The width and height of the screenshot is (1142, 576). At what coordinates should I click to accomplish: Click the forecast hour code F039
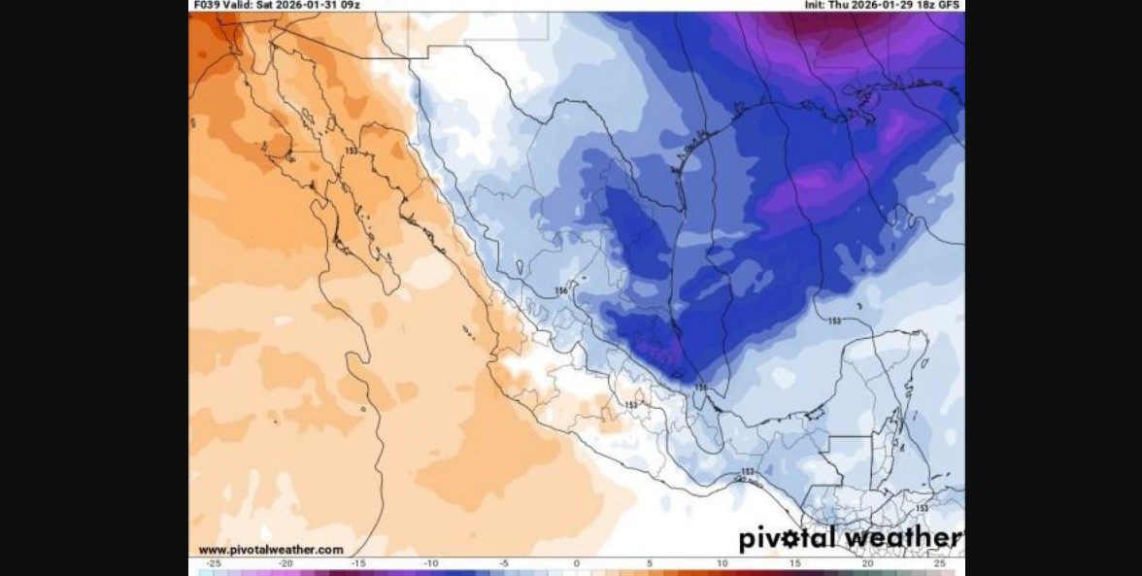click(204, 5)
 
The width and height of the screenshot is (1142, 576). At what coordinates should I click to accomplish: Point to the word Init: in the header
click(815, 5)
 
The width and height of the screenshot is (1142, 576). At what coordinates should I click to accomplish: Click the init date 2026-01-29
click(882, 5)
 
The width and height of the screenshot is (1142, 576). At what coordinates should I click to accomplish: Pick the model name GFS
click(951, 5)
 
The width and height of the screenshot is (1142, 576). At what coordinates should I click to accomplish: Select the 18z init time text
click(926, 5)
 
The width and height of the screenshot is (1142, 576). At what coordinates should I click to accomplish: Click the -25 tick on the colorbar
click(213, 563)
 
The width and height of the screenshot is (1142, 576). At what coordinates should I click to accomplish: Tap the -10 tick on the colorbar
click(431, 563)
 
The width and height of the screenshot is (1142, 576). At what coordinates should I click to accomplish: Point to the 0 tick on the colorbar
click(577, 563)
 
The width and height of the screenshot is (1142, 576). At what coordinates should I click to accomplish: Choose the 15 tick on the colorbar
click(794, 563)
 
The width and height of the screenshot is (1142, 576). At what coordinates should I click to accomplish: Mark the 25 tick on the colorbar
click(939, 563)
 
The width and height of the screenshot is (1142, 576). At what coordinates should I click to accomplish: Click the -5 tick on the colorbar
click(504, 563)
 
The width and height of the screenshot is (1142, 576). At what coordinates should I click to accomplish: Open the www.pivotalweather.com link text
click(271, 550)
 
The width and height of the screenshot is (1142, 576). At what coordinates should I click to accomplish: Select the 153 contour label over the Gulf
click(834, 321)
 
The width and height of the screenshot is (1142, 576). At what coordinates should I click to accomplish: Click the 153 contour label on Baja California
click(352, 152)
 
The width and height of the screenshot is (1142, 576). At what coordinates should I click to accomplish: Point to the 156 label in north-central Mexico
click(561, 290)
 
